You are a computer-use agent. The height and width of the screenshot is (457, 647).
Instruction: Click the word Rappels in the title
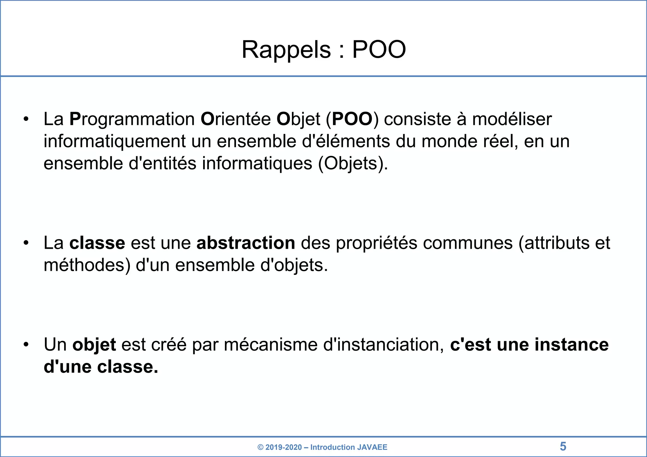click(286, 50)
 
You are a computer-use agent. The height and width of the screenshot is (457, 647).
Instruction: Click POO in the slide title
click(379, 50)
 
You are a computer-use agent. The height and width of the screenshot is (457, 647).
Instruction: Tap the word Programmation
click(132, 119)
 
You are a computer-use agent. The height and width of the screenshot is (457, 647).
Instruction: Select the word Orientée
click(236, 119)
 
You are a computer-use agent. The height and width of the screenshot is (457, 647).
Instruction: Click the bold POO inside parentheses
click(352, 119)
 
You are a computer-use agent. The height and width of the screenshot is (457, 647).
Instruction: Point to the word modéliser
click(512, 119)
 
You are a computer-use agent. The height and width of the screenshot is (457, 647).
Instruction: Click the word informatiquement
click(114, 141)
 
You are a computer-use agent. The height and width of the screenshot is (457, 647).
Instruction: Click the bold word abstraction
click(246, 243)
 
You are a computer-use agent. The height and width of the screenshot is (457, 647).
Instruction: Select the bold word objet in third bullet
click(94, 345)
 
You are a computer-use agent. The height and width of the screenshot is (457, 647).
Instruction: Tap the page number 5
click(563, 447)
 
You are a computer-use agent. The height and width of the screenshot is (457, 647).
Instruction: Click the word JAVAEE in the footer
click(372, 447)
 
